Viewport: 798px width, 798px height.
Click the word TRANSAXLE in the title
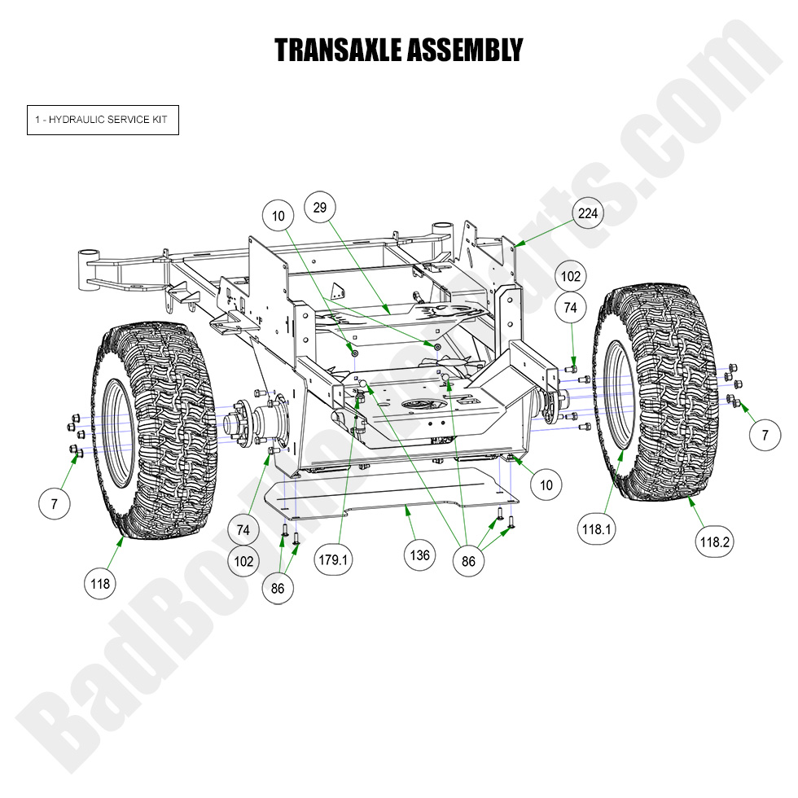point(335,50)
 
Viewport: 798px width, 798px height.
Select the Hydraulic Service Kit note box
point(103,120)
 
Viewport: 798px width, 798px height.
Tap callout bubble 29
point(320,208)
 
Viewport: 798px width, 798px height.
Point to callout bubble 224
point(588,213)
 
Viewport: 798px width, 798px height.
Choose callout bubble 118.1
point(596,528)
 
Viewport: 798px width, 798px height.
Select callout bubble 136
point(420,555)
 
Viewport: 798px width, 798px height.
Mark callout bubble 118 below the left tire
point(100,583)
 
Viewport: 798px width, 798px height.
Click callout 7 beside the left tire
point(55,504)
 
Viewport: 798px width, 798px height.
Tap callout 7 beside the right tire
point(765,436)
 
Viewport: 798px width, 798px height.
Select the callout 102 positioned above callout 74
point(572,277)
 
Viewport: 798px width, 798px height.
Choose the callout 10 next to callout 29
point(278,216)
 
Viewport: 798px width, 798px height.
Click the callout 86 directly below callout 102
point(278,589)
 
